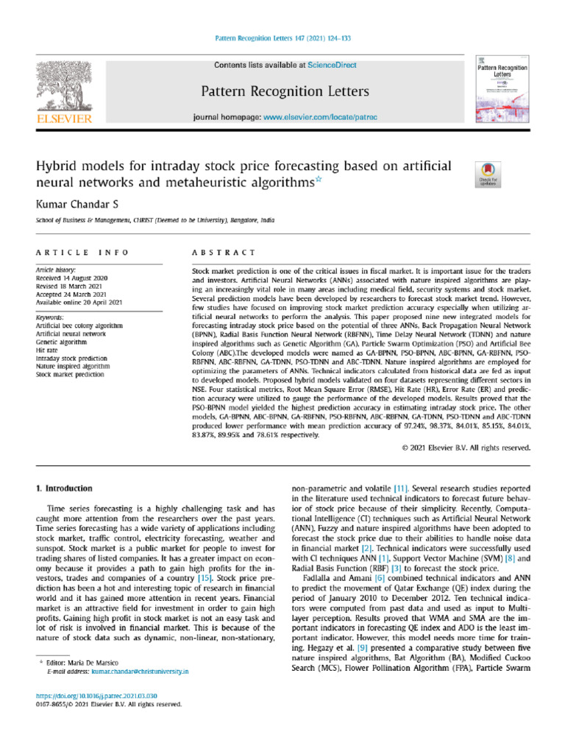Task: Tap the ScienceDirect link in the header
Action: [333, 66]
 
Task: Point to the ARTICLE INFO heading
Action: [82, 253]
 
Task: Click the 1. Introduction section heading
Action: [64, 488]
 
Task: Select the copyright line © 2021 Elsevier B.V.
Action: [466, 447]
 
